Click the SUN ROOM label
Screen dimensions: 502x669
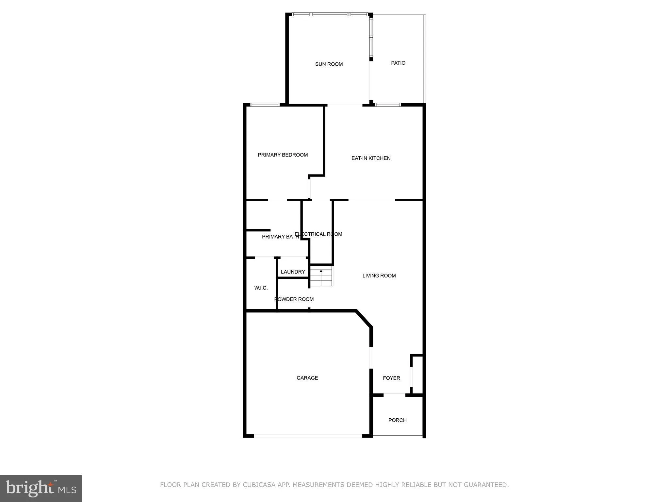click(329, 64)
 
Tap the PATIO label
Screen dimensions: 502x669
click(398, 63)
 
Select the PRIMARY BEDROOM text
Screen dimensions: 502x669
click(283, 155)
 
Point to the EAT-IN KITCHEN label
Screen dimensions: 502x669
click(371, 158)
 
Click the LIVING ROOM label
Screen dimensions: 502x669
click(379, 276)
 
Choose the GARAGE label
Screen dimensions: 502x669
click(307, 378)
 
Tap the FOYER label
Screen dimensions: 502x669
click(391, 378)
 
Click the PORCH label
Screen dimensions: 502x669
click(397, 420)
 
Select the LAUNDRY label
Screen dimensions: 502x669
click(293, 272)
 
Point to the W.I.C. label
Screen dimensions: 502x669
click(261, 288)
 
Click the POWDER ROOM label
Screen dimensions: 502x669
click(294, 299)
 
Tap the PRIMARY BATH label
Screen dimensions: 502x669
click(280, 237)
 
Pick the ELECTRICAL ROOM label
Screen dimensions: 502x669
click(318, 234)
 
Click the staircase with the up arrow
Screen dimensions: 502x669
click(322, 276)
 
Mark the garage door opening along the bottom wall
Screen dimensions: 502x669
click(308, 436)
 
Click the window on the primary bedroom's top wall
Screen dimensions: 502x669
click(265, 105)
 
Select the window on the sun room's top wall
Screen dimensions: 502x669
click(330, 15)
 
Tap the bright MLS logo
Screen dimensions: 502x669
click(41, 488)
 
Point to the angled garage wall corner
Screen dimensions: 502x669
click(364, 318)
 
